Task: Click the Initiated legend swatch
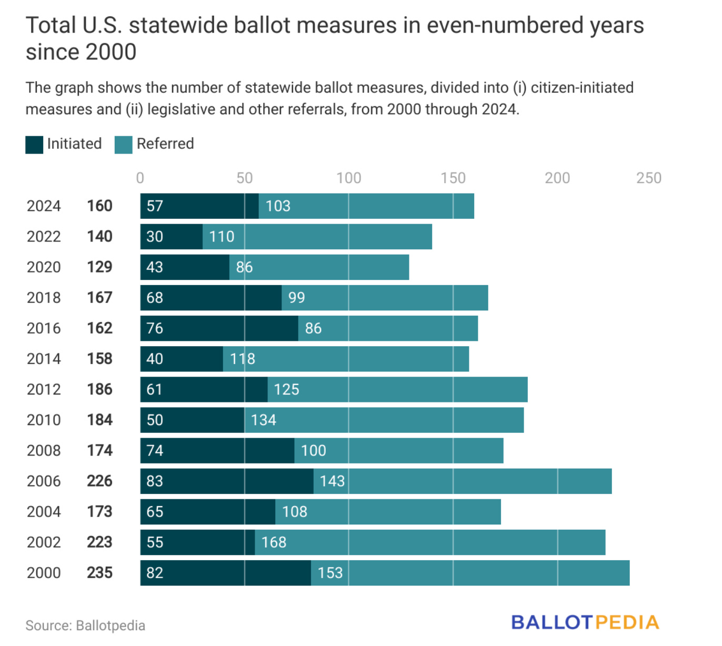point(34,145)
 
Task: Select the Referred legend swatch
point(123,145)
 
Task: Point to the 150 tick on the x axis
point(453,178)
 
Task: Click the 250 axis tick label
point(648,178)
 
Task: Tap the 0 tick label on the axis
point(140,178)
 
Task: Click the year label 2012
point(44,389)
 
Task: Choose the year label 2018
point(44,298)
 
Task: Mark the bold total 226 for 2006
point(99,481)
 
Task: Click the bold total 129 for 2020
point(99,267)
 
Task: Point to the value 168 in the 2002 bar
point(274,542)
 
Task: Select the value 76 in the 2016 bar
point(155,328)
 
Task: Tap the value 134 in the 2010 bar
point(263,420)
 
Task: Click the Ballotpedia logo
point(585,622)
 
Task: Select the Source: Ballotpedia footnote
point(85,625)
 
